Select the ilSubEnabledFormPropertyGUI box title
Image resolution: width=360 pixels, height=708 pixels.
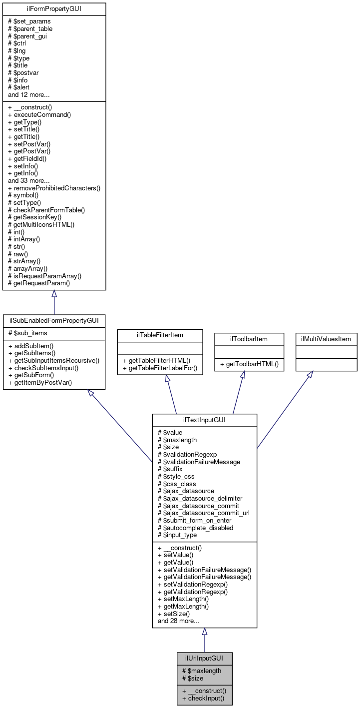pyautogui.click(x=54, y=321)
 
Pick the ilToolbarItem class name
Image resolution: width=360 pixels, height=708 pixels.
pyautogui.click(x=242, y=339)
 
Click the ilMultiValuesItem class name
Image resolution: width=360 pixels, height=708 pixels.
pyautogui.click(x=326, y=339)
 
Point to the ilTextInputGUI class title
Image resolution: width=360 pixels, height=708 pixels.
pyautogui.click(x=204, y=420)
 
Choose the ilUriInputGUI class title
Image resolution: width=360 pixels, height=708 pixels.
pyautogui.click(x=204, y=658)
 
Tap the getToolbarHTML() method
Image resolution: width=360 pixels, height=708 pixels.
pyautogui.click(x=249, y=365)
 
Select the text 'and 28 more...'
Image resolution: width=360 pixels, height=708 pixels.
pyautogui.click(x=178, y=621)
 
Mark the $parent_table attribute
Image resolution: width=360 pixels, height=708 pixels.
pyautogui.click(x=30, y=28)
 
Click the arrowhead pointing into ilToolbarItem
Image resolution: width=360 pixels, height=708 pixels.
pyautogui.click(x=242, y=375)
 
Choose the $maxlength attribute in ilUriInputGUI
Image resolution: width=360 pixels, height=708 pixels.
pyautogui.click(x=201, y=671)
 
